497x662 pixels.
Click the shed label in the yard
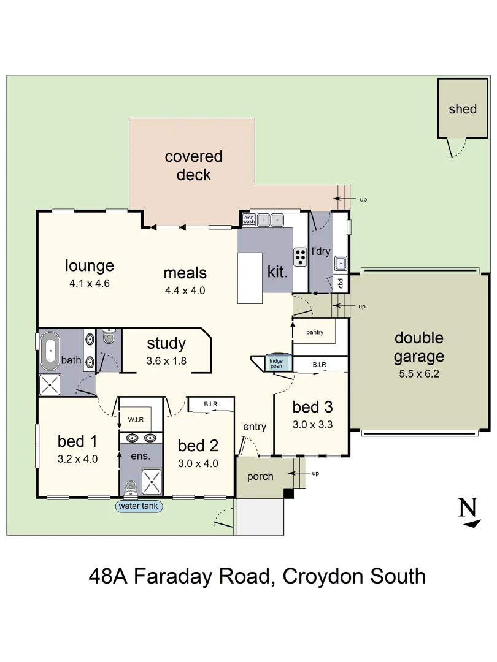click(x=462, y=109)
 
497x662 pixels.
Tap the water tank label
click(x=139, y=506)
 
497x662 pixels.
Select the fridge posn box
click(x=276, y=362)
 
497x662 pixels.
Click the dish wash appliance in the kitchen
click(x=248, y=219)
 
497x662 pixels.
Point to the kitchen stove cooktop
click(x=300, y=257)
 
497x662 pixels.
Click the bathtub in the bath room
click(x=49, y=351)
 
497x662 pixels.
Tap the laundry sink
click(x=341, y=264)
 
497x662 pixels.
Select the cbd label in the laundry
click(x=341, y=284)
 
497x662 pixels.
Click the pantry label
click(x=314, y=332)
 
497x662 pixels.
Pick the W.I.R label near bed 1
click(x=136, y=420)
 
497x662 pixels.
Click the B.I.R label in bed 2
click(x=210, y=405)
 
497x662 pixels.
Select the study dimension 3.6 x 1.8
click(x=166, y=361)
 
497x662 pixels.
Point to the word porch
click(x=260, y=476)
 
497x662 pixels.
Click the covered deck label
click(x=193, y=165)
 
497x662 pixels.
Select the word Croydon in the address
click(x=322, y=576)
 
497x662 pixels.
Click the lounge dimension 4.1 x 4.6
click(x=90, y=283)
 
